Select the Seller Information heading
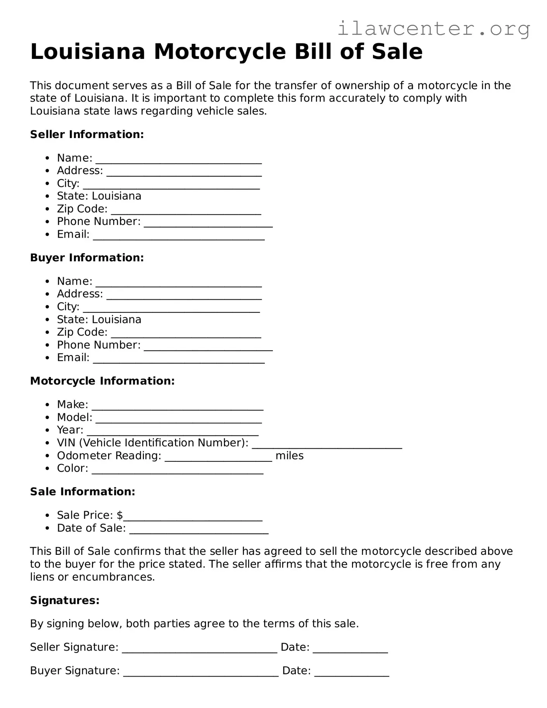(x=87, y=135)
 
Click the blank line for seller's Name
(x=178, y=161)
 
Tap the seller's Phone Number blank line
(x=208, y=224)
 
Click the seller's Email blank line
(x=179, y=237)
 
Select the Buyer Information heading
(x=87, y=258)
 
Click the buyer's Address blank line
(x=184, y=297)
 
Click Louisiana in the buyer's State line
(x=116, y=319)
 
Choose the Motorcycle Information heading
(x=102, y=381)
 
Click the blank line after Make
(x=178, y=407)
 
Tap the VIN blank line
(x=327, y=446)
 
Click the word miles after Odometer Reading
(x=289, y=456)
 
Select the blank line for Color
(x=178, y=471)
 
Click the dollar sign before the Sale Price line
(x=120, y=515)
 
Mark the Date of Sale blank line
(x=198, y=531)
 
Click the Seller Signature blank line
(x=199, y=650)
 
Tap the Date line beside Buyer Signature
(x=351, y=673)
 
